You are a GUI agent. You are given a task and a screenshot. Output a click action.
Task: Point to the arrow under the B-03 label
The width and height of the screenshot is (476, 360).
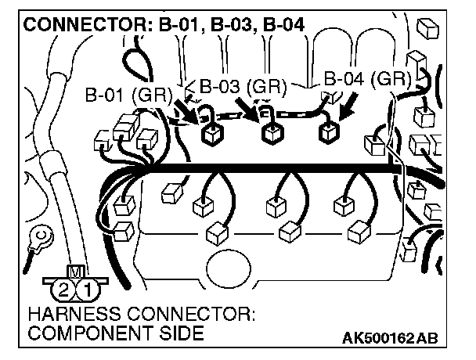click(x=252, y=110)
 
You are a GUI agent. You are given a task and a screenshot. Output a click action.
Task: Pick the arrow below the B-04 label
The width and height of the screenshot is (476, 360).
click(x=347, y=104)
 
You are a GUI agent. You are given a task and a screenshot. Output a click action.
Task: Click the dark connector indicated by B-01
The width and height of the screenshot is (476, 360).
click(x=211, y=135)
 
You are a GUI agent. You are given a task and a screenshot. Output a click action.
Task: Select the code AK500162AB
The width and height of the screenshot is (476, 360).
click(x=389, y=338)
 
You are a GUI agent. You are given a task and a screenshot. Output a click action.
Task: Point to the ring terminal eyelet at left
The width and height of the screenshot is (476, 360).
click(x=40, y=232)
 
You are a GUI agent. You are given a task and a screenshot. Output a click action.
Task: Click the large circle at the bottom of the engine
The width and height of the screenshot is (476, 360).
click(x=233, y=267)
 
